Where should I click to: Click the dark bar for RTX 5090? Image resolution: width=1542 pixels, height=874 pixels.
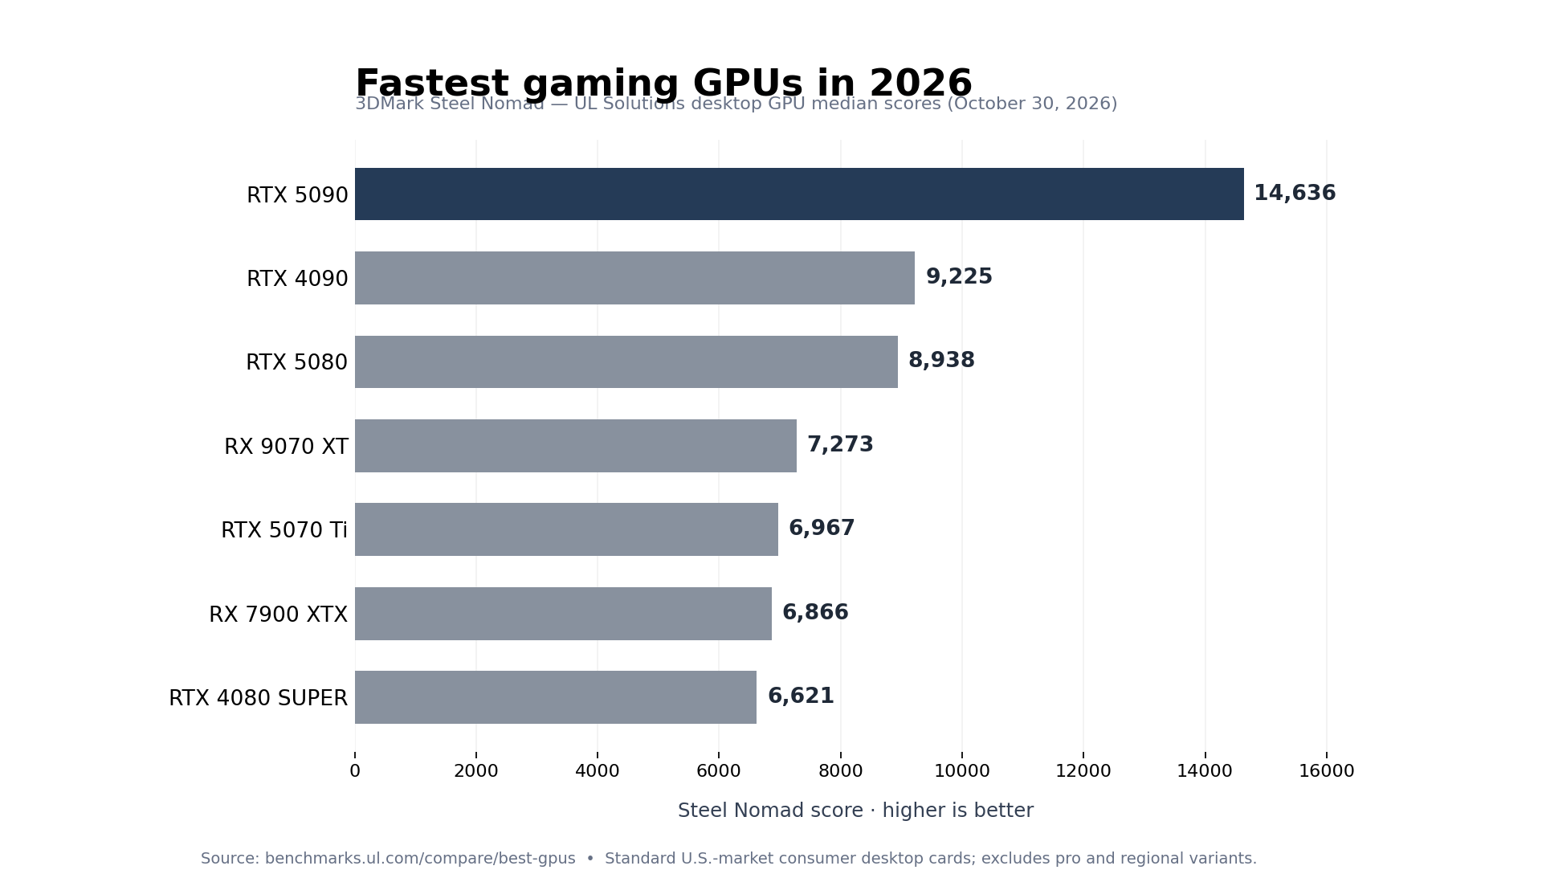click(x=799, y=194)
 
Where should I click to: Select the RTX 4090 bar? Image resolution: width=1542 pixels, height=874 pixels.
click(x=634, y=278)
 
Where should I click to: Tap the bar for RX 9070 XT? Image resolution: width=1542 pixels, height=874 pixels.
click(x=576, y=446)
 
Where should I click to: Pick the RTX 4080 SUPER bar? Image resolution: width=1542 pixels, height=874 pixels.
click(x=556, y=697)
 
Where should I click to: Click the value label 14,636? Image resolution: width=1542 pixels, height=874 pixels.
click(x=1295, y=194)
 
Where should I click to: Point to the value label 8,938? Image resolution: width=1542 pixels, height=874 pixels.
click(x=941, y=361)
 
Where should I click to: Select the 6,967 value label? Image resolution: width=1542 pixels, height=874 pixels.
click(x=822, y=529)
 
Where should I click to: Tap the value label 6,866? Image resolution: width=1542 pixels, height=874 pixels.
click(x=815, y=613)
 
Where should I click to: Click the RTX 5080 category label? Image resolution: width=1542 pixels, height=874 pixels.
click(x=296, y=362)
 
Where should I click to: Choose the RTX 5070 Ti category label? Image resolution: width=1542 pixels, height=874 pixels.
click(x=284, y=530)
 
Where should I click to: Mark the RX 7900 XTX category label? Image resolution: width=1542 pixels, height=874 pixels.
click(x=278, y=615)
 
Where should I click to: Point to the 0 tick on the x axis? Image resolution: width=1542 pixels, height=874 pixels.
click(x=355, y=771)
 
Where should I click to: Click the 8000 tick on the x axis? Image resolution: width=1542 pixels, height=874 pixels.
click(x=841, y=771)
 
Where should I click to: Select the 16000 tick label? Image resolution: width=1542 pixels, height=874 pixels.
click(x=1327, y=771)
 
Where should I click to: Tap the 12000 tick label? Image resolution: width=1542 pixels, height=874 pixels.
click(x=1083, y=771)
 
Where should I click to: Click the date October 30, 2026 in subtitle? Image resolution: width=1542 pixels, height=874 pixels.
click(x=1032, y=104)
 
